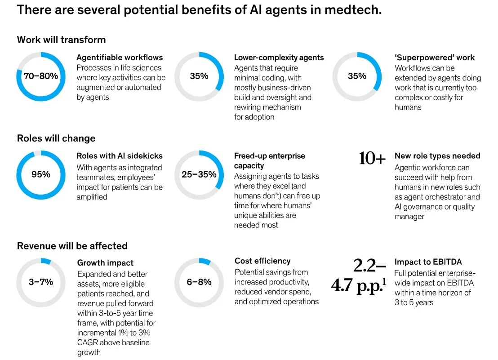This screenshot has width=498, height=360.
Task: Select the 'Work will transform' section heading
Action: [61, 40]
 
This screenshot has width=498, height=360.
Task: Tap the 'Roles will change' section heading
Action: [56, 138]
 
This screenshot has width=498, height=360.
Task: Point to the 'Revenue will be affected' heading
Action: [72, 246]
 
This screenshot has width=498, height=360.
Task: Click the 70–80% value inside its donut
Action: [41, 76]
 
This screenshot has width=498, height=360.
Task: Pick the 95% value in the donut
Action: [41, 174]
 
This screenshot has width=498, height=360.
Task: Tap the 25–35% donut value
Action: [199, 174]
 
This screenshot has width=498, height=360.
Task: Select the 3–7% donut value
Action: [41, 282]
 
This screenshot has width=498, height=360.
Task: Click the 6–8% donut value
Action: [199, 282]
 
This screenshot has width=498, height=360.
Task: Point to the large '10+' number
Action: [372, 159]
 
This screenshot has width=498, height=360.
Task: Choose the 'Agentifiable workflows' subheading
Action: [120, 58]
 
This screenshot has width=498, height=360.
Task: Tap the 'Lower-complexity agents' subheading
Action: [279, 58]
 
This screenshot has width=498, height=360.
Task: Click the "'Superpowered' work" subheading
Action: [434, 58]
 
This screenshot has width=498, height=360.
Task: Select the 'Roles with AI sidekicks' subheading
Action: [120, 156]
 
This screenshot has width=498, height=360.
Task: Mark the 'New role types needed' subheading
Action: [437, 156]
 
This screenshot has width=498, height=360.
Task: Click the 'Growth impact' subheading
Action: [105, 263]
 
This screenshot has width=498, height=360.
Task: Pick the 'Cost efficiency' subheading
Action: [262, 261]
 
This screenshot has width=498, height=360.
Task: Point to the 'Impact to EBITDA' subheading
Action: [428, 262]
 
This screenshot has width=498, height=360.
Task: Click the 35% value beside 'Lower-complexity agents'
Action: [199, 76]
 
